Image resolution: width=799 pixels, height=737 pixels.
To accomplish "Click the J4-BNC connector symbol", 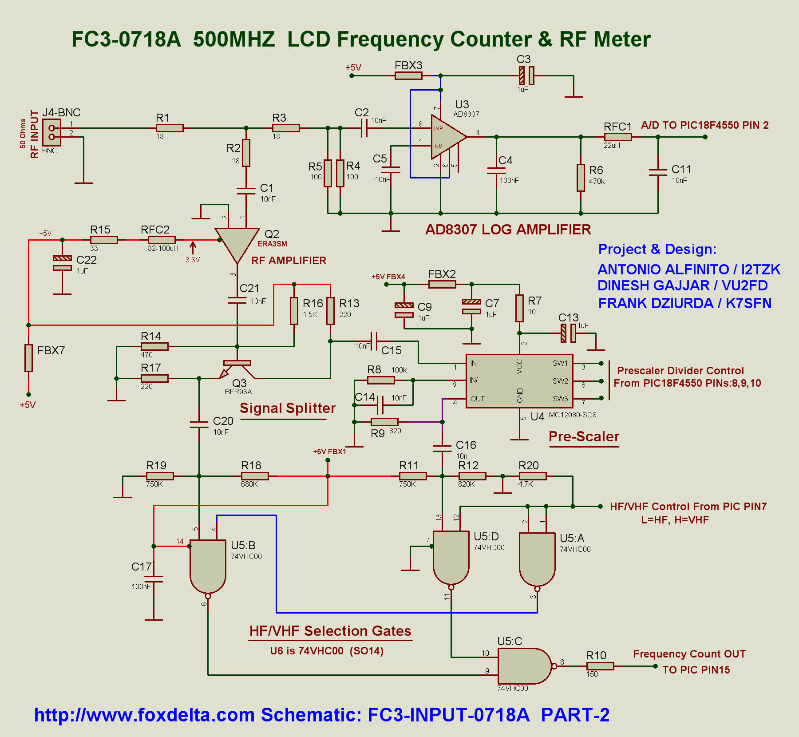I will point(51,132).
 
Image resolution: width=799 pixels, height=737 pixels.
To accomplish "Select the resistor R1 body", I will point(170,128).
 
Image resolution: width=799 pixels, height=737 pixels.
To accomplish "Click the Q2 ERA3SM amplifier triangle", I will point(237,242).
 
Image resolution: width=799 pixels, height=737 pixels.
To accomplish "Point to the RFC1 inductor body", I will point(617,137).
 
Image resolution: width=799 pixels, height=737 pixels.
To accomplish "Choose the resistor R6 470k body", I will point(581,178).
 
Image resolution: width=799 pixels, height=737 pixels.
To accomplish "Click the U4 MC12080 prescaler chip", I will point(519,381).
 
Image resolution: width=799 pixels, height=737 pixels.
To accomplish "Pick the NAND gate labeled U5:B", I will point(208,566).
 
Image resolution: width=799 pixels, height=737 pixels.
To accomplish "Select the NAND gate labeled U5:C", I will point(524,666).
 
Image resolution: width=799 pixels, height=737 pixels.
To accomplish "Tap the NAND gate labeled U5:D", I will point(451,557).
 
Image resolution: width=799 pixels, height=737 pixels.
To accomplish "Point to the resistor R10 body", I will point(600,666).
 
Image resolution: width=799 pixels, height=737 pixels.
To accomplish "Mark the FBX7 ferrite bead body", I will point(28,358).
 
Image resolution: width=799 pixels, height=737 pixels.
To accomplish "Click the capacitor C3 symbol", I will point(526,75).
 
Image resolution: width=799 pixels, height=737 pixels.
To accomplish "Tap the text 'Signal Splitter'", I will point(288,408).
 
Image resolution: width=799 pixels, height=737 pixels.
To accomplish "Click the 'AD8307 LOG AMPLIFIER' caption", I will point(508,230).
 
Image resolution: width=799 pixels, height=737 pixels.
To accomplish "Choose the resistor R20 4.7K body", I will point(533,476).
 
